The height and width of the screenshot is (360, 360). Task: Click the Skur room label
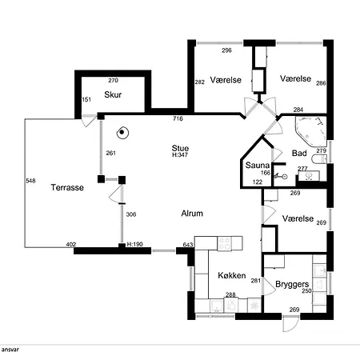pos(113,94)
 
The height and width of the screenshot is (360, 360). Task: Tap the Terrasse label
pos(67,187)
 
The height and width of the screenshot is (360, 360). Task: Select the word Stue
pos(180,148)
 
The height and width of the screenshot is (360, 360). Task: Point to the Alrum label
pos(192,214)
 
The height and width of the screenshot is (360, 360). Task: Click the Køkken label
pos(232,275)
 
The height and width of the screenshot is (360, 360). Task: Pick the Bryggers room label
pos(292,285)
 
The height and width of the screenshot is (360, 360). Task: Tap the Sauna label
pos(258,165)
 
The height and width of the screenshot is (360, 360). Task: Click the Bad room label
pos(299,153)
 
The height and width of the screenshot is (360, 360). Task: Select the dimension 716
pos(178,118)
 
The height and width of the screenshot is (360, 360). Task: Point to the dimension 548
pos(30,181)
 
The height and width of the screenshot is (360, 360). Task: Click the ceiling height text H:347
pos(180,154)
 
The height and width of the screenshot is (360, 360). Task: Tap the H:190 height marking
pos(134,244)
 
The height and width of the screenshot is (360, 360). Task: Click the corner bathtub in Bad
pos(311,130)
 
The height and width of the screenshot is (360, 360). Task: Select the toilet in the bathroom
pos(319,159)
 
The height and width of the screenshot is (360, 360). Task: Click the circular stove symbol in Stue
pos(122,132)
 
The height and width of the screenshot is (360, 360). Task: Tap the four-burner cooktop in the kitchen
pos(224,243)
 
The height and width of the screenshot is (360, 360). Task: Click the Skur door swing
pos(89,121)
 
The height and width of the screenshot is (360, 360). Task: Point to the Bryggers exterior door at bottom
pos(290,323)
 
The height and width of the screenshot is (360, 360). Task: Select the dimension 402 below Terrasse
pos(71,244)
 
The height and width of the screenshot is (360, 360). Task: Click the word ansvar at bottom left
pos(10,350)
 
